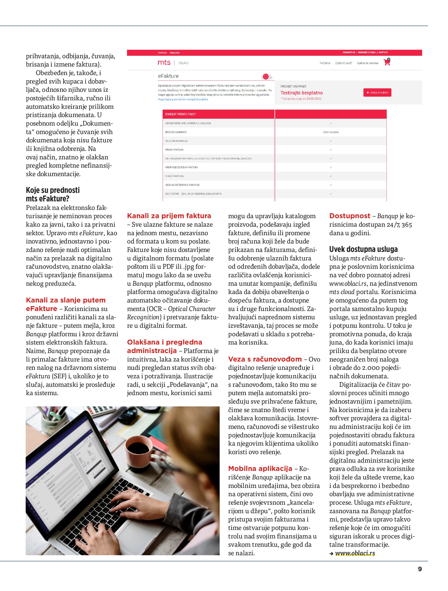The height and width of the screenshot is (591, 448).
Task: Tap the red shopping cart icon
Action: pos(387,62)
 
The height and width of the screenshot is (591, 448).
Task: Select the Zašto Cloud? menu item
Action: pos(343,63)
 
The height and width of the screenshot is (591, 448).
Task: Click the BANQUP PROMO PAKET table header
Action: pos(180,114)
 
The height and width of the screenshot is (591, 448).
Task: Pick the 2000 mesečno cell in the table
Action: pos(331,132)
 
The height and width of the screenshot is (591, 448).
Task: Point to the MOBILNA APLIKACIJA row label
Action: pos(176,141)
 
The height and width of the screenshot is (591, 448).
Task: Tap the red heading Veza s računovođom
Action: pos(265,359)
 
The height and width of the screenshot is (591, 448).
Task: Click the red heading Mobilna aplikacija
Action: pos(260,468)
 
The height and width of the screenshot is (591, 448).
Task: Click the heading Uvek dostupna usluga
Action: pos(363,249)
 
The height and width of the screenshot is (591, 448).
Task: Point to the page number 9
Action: pos(420,569)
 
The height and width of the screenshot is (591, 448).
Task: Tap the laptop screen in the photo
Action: pos(70,470)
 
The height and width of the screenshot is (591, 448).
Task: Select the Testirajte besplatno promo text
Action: pos(302,93)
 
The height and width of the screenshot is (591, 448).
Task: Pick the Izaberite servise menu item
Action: pos(368,63)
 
